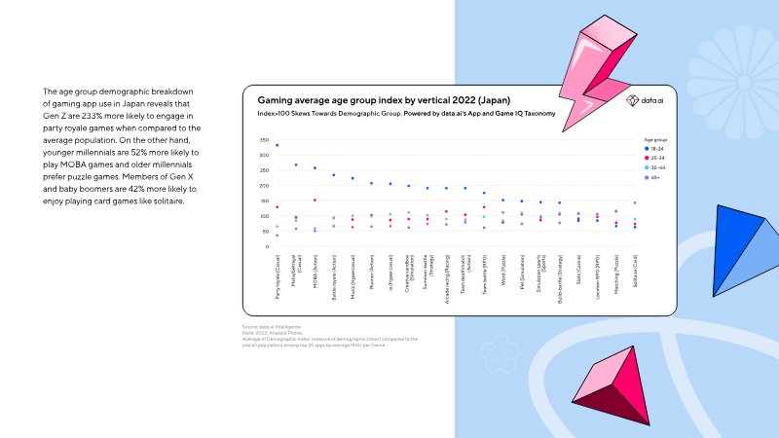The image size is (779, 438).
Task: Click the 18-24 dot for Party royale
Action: [278, 145]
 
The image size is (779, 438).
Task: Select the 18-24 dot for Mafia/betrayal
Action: [296, 164]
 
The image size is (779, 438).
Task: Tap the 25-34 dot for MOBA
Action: [315, 200]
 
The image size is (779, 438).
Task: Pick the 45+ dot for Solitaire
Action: [635, 202]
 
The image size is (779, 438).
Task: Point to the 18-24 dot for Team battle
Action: [484, 193]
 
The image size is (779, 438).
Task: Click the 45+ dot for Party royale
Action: [278, 236]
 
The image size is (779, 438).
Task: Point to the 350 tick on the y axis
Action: [263, 140]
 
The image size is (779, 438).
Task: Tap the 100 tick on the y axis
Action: [263, 216]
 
